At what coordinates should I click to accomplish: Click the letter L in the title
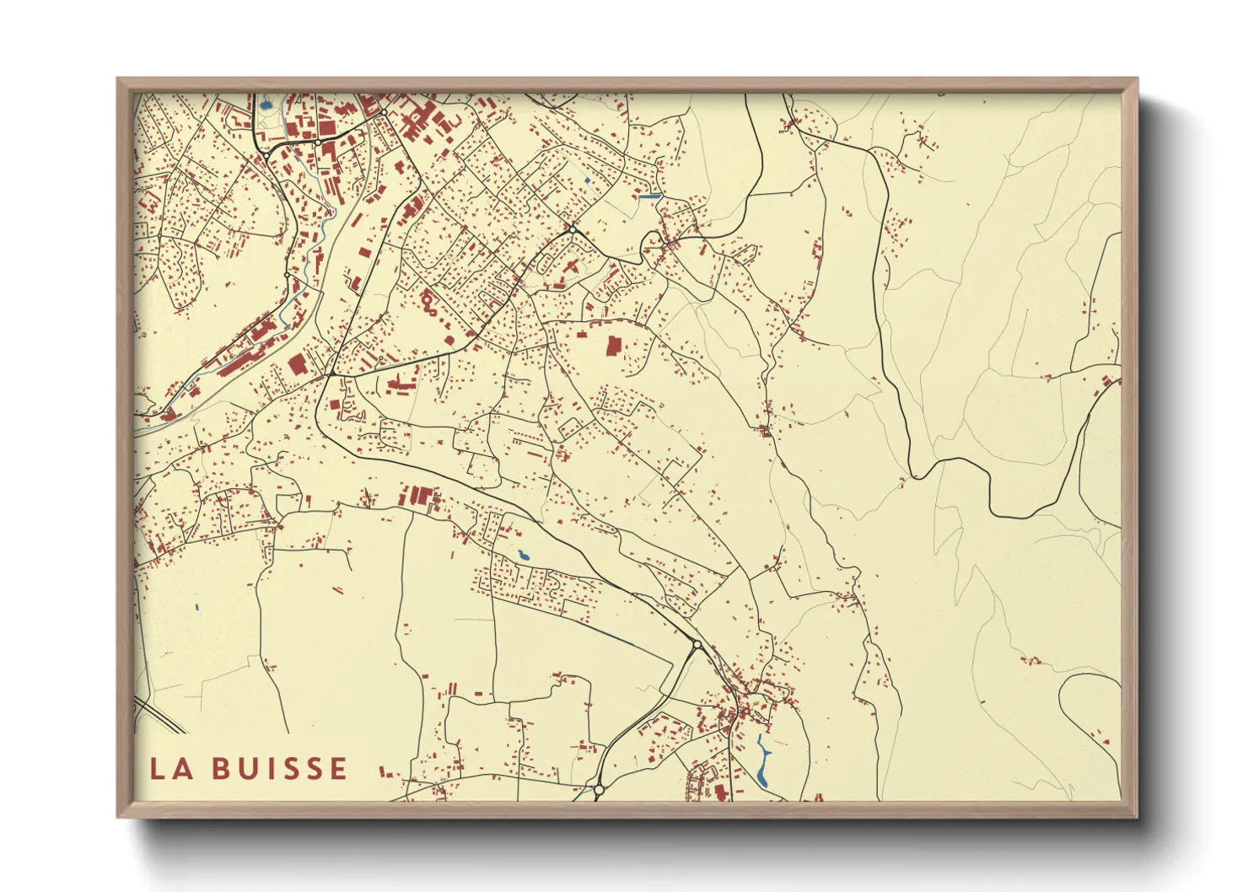(157, 769)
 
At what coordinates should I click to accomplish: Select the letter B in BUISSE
(221, 769)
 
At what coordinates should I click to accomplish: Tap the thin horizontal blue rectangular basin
(650, 196)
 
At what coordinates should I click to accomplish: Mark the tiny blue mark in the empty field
(196, 607)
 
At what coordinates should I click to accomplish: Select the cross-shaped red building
(572, 267)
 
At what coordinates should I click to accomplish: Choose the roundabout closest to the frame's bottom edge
(598, 790)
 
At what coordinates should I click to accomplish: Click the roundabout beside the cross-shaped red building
(573, 228)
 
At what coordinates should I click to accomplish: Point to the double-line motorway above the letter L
(160, 714)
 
